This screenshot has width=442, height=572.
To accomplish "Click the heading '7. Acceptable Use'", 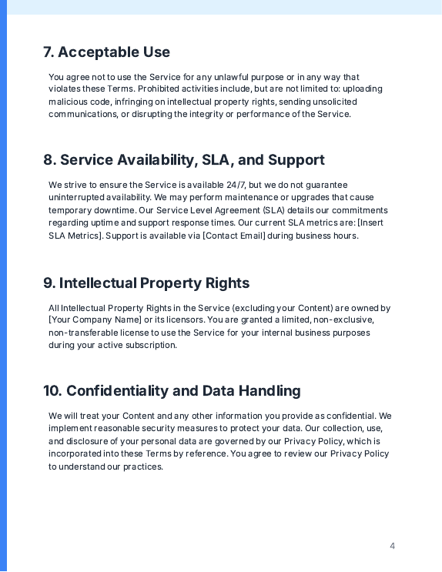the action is coord(106,52).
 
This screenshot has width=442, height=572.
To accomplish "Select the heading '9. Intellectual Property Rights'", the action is coord(146,283).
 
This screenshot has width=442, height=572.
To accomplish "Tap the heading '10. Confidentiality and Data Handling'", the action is coord(172,391).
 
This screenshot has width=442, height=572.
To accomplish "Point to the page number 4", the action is coord(392,547).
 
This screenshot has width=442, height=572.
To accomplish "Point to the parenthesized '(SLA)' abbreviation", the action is coord(273,210).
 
